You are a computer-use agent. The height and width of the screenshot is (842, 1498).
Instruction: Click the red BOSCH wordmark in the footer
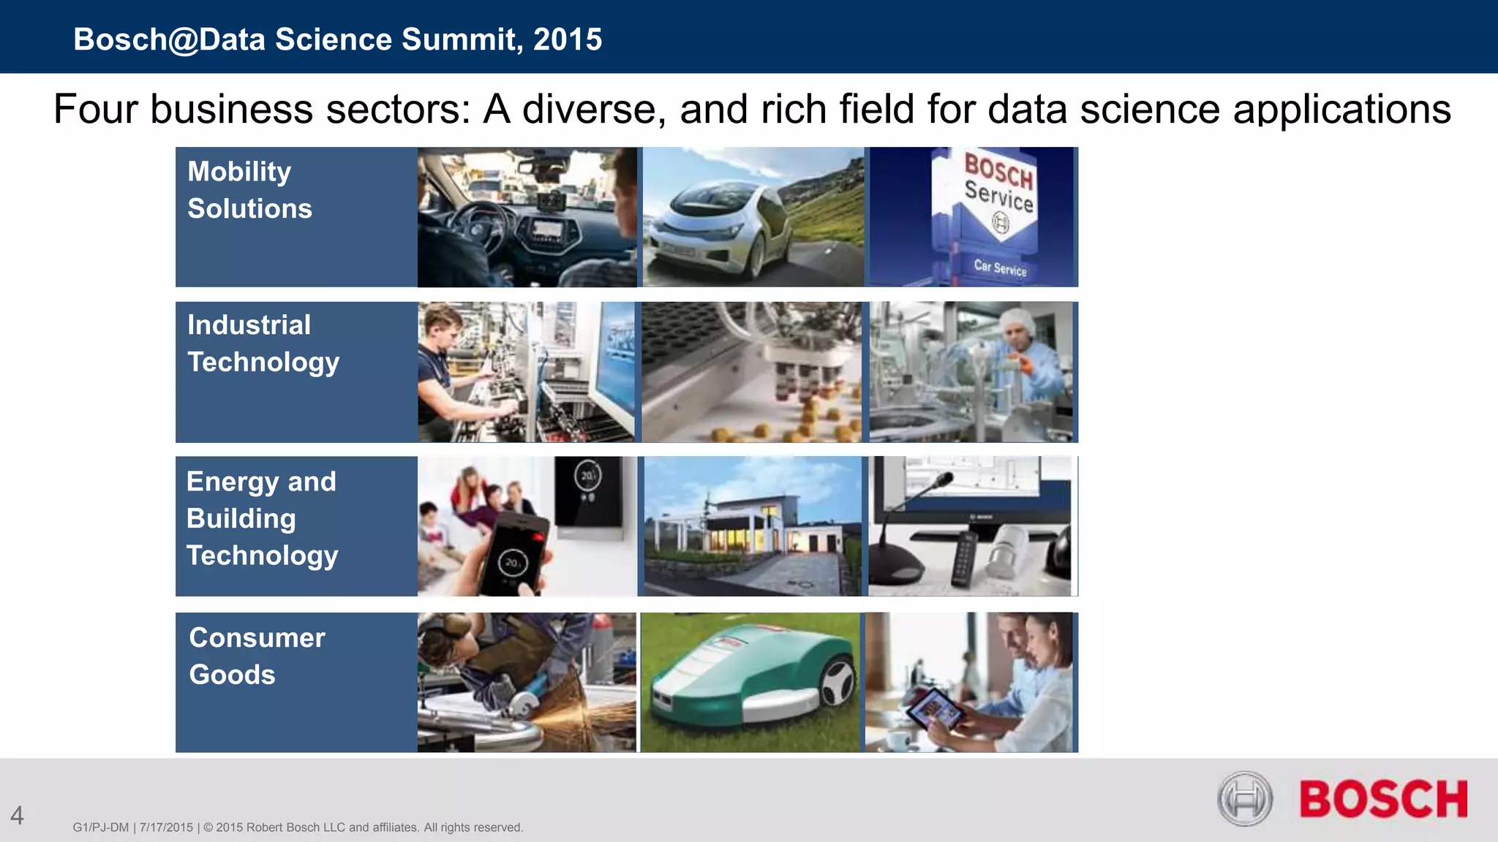1383,799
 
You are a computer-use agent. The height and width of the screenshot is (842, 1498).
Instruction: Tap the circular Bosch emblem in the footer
1245,799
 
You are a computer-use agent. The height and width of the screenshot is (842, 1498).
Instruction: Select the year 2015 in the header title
568,39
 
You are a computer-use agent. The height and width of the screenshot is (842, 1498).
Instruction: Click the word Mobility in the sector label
239,172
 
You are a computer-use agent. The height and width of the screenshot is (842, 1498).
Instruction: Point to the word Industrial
249,325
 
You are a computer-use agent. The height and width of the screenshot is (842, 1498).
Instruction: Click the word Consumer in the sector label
257,638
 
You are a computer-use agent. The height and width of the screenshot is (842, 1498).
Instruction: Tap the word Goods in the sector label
232,675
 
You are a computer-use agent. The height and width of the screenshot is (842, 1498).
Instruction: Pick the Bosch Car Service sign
997,205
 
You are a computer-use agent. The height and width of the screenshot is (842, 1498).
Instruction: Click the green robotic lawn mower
753,680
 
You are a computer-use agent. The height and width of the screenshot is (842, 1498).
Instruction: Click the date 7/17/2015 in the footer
166,827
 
